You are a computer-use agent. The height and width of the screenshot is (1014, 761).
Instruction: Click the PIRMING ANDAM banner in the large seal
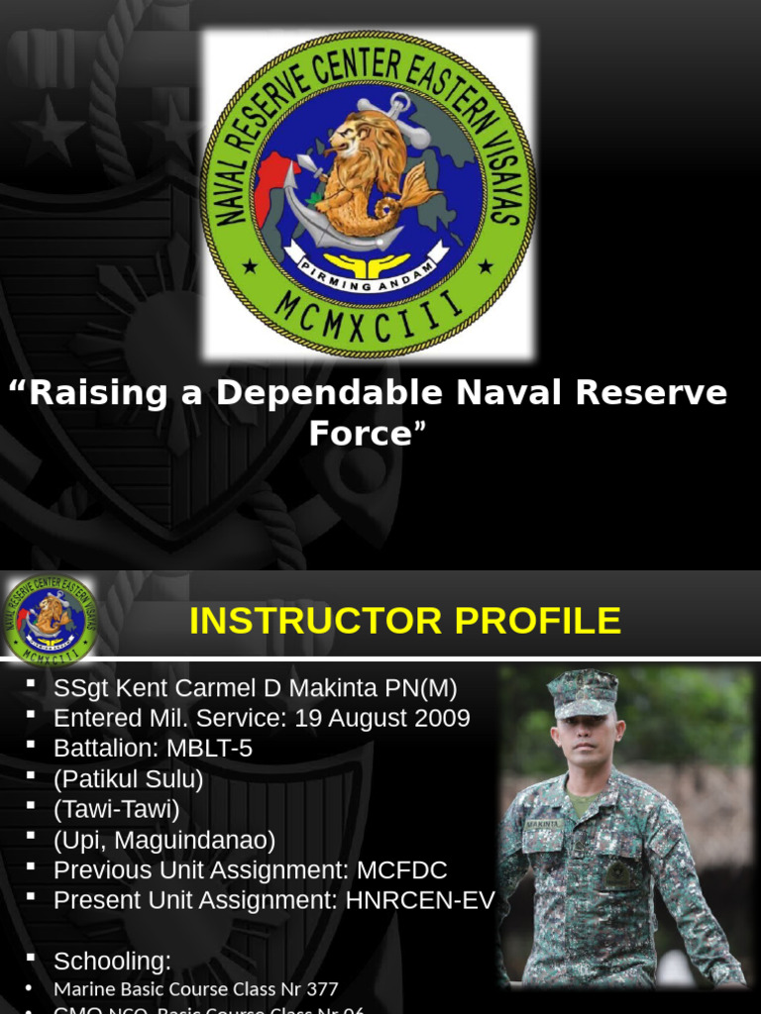click(x=368, y=278)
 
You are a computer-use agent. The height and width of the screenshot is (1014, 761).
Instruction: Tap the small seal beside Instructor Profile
click(x=50, y=620)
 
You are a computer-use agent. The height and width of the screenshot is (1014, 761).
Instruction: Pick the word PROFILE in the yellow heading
click(x=535, y=621)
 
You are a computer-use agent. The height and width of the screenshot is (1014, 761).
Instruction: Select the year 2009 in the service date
click(x=440, y=718)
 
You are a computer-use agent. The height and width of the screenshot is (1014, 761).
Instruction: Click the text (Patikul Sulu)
click(x=128, y=779)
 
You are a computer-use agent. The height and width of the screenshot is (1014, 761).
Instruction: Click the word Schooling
click(x=112, y=961)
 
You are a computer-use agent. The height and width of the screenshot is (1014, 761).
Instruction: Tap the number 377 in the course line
click(x=321, y=989)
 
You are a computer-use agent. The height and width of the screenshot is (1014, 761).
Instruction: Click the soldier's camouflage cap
click(x=583, y=691)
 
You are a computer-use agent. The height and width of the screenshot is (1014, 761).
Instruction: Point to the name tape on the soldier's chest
click(x=542, y=823)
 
